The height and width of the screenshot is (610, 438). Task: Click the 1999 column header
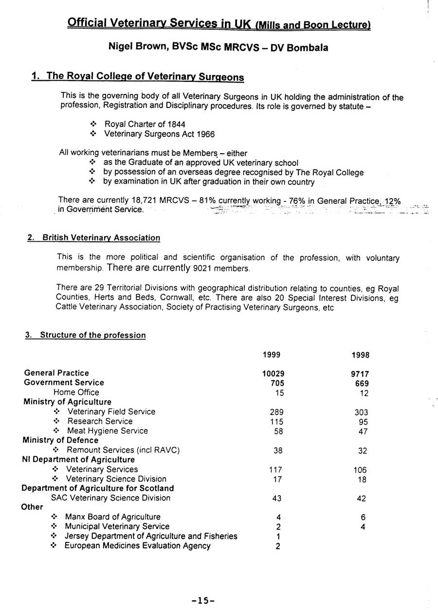click(272, 355)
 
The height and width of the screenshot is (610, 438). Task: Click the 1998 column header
click(361, 355)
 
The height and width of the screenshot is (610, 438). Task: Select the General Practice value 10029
click(273, 374)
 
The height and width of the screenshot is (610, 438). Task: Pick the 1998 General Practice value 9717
click(360, 374)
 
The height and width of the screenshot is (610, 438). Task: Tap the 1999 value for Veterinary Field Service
click(276, 412)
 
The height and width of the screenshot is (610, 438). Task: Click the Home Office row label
click(76, 392)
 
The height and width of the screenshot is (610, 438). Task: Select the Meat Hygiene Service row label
click(108, 431)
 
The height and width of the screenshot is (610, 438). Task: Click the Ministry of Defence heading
click(60, 440)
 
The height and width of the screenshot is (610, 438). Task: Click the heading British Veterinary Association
click(101, 238)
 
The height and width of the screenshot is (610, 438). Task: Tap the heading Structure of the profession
click(92, 335)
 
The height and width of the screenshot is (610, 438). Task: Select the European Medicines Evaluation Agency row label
click(138, 546)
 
